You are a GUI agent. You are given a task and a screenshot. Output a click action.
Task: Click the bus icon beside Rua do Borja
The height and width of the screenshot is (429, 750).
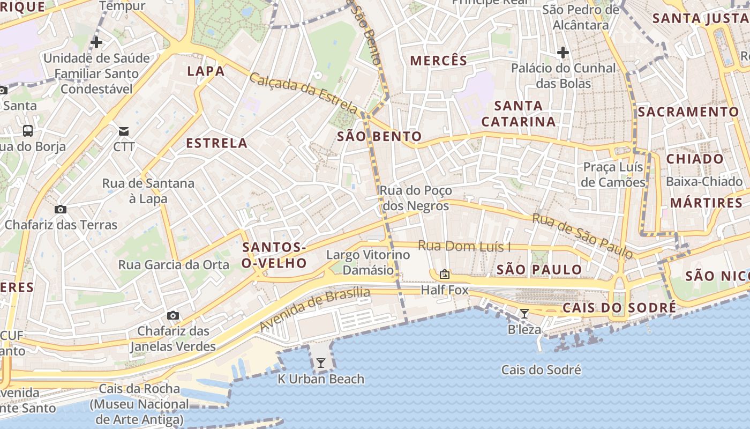27,130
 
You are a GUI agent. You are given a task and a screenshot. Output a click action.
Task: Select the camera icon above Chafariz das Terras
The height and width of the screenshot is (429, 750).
61,209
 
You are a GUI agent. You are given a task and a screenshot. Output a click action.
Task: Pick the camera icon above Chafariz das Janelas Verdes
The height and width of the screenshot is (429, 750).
172,315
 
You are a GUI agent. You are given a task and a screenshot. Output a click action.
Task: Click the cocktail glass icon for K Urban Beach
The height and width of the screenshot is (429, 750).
320,363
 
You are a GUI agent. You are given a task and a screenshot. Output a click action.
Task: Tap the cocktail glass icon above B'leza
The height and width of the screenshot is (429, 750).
524,314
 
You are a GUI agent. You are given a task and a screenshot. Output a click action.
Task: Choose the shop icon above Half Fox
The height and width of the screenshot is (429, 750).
445,275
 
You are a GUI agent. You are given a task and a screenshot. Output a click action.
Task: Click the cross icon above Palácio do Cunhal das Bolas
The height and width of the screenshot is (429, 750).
562,53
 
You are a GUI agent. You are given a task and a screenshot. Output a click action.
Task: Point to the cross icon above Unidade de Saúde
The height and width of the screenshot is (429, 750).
96,42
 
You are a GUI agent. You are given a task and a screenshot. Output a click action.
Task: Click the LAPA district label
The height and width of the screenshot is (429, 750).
206,71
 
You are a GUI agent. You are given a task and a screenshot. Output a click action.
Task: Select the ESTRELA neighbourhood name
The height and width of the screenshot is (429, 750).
216,143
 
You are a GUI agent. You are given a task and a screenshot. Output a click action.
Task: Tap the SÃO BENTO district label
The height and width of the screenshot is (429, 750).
379,136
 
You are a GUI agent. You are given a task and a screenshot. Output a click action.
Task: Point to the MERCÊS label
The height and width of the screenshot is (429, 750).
439,61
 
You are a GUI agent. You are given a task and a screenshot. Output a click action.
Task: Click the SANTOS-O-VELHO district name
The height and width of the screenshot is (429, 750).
274,255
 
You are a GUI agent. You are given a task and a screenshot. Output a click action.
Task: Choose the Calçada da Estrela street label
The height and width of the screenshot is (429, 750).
303,92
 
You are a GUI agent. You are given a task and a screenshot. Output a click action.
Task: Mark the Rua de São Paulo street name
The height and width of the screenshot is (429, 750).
583,235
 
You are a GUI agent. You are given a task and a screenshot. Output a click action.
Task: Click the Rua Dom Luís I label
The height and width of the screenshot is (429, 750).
464,246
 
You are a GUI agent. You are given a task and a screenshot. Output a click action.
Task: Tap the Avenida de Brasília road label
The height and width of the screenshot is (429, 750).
315,309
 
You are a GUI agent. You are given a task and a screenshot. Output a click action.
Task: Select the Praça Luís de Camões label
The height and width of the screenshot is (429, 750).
613,174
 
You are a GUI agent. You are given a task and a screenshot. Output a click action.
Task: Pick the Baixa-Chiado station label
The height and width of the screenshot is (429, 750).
704,181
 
